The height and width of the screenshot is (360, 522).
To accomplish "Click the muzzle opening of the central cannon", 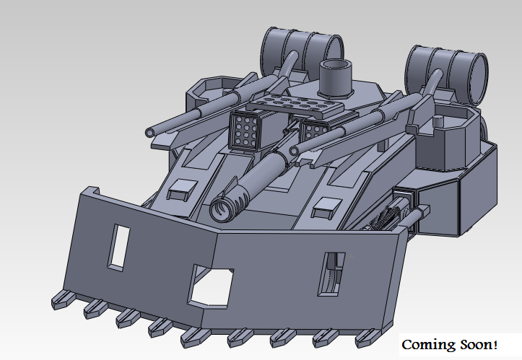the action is [220, 210].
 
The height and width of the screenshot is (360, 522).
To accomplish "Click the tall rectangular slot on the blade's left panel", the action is [118, 247].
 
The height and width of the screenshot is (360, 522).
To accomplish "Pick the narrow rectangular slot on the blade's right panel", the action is [331, 273].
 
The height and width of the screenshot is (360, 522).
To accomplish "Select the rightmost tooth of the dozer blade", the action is [367, 338].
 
